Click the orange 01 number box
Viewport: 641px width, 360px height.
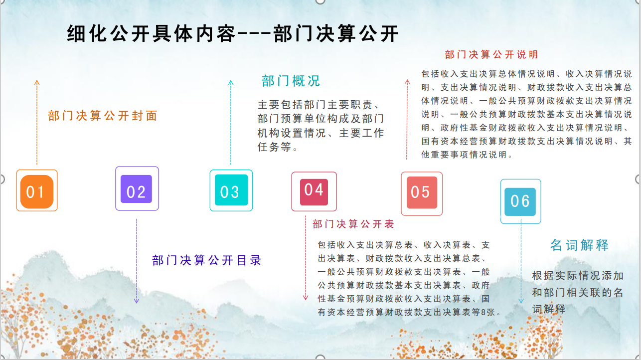pos(37,190)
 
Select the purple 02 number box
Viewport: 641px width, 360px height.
pos(137,188)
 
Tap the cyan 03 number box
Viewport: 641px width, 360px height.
pos(231,190)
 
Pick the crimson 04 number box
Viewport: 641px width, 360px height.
pos(314,191)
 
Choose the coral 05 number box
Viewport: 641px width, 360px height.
pos(422,193)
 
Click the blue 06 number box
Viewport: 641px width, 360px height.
pos(520,201)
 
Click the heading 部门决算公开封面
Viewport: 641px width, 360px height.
pos(103,116)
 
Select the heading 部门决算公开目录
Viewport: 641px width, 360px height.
pos(206,260)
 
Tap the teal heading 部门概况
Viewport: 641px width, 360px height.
pos(291,81)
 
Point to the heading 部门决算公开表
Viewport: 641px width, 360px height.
pos(353,224)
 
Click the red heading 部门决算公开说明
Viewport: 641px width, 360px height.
pos(491,54)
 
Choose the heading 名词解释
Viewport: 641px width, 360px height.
pos(580,245)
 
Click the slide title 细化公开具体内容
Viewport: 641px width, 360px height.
pos(151,33)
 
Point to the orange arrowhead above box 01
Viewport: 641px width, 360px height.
pos(37,83)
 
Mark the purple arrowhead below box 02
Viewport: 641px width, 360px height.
pos(137,301)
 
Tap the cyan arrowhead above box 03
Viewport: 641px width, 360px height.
pos(231,82)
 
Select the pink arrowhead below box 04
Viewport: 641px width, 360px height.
pos(306,298)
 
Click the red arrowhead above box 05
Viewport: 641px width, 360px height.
pos(407,82)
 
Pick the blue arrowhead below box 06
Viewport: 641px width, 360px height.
pos(521,301)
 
